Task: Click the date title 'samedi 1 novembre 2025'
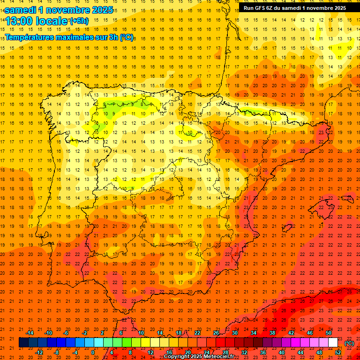point(59,10)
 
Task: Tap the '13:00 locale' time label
point(36,21)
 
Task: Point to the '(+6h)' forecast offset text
point(78,21)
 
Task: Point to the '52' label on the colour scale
point(338,352)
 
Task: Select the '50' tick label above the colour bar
point(329,333)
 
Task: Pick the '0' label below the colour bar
point(93,352)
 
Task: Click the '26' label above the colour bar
point(216,333)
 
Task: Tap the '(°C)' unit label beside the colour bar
point(349,343)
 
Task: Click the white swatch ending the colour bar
point(333,343)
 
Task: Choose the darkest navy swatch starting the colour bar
point(23,343)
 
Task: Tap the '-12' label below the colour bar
point(39,352)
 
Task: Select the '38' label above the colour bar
point(272,333)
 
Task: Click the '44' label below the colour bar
point(300,352)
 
